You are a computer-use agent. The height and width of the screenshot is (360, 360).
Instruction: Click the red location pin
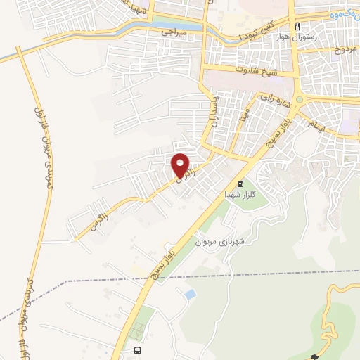180,165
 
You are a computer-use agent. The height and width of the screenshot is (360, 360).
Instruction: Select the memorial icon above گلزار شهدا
240,184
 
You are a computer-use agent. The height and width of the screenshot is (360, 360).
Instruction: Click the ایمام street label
317,124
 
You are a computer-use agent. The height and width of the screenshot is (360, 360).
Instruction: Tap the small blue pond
188,294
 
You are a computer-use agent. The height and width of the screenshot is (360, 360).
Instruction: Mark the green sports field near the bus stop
140,331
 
